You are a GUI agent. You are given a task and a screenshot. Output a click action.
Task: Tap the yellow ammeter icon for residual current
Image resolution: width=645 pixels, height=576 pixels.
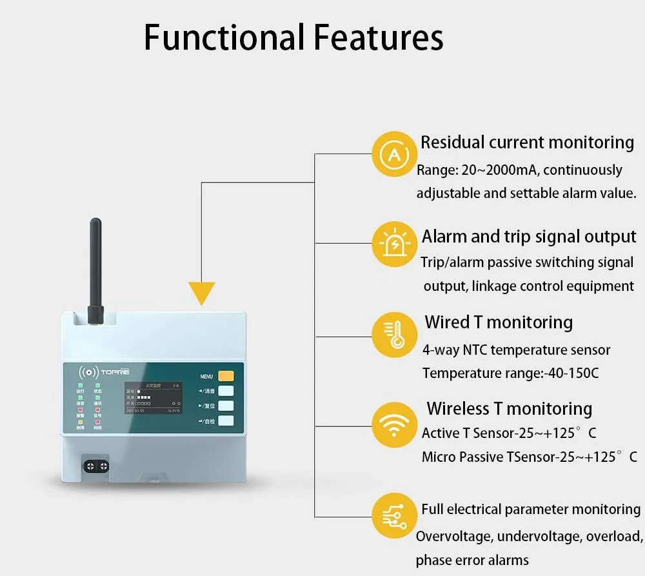pos(394,154)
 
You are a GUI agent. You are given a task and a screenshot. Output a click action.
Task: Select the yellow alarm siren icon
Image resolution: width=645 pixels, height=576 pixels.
pos(394,244)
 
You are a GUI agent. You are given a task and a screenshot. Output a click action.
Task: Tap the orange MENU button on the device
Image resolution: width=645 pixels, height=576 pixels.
pos(226,376)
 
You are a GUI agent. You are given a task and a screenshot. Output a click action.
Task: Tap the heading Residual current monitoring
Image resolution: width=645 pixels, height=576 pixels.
pos(527,142)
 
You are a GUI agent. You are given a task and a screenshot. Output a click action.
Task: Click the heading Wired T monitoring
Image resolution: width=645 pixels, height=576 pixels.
pos(498,322)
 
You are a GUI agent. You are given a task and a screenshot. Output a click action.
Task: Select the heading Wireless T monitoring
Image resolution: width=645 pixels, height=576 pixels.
pos(509,408)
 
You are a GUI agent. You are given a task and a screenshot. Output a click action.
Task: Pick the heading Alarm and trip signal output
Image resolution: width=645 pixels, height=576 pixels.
pos(529,236)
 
